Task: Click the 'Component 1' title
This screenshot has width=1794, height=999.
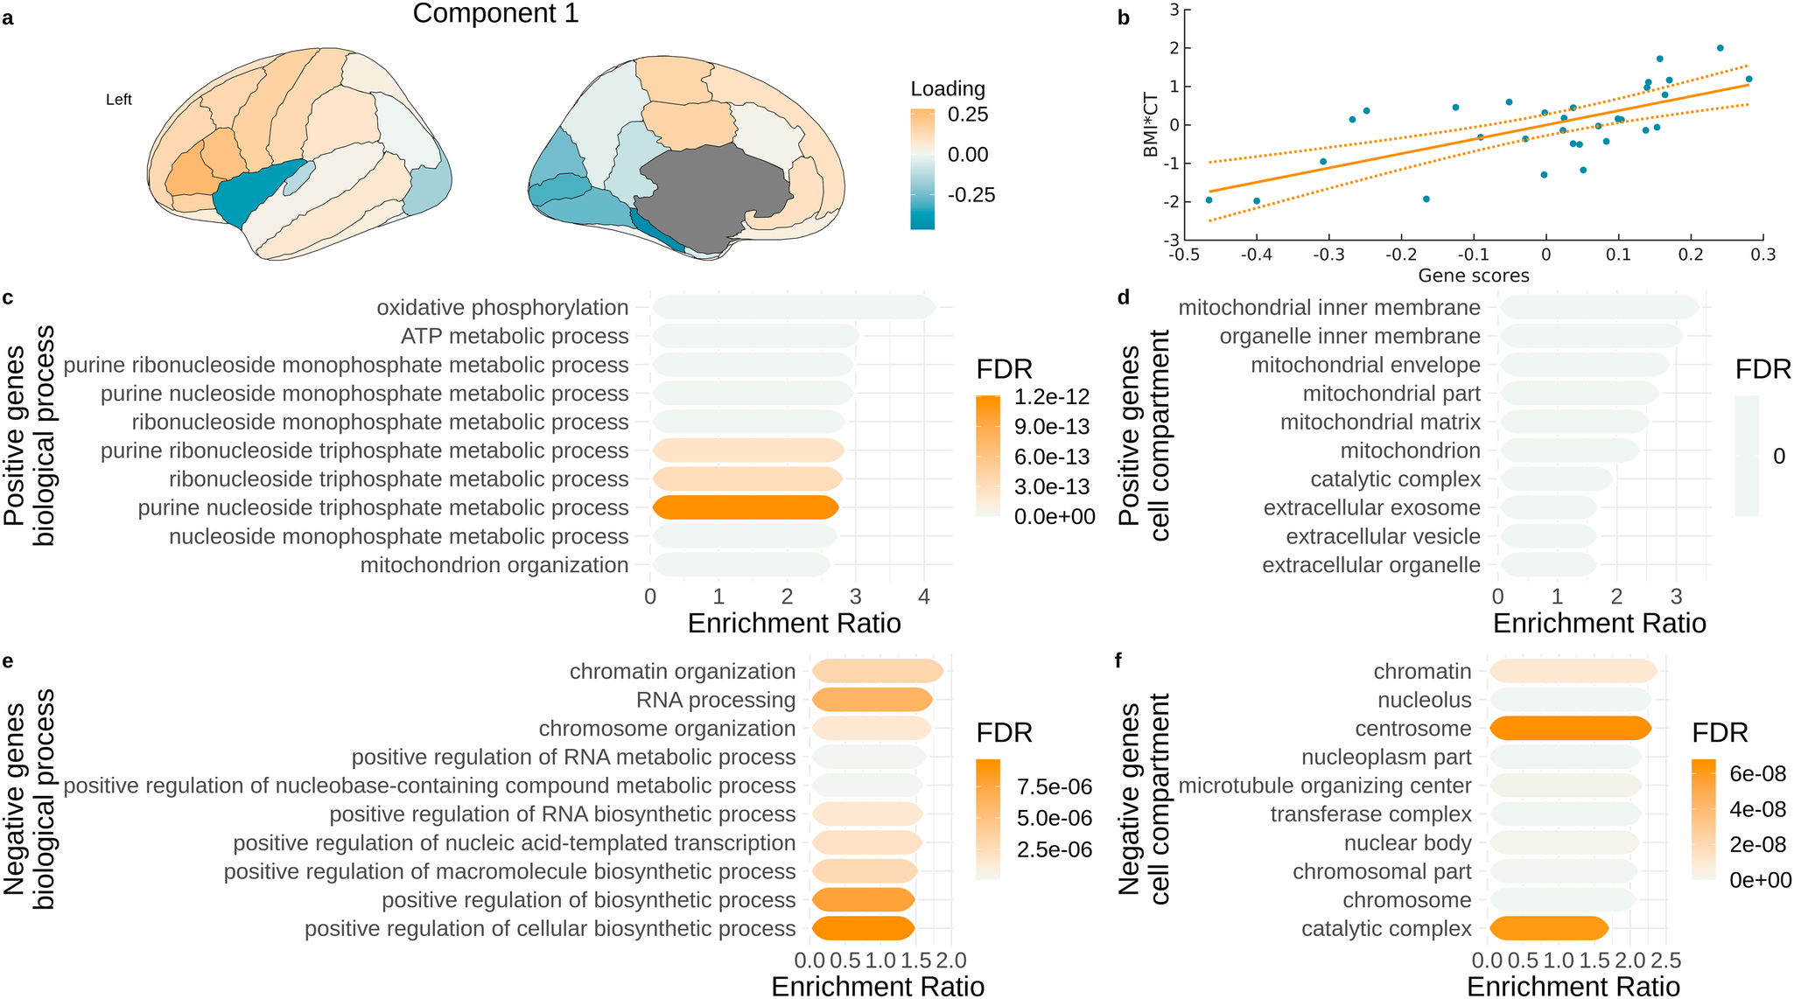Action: pos(495,14)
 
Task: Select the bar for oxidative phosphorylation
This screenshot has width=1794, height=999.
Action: pos(793,308)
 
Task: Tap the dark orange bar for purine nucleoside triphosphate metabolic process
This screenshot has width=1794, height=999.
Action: pos(746,507)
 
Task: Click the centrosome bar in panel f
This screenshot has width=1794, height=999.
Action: pos(1569,728)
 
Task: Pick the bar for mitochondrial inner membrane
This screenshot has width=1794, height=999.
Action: pos(1599,308)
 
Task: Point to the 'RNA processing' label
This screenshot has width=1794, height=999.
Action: pos(716,700)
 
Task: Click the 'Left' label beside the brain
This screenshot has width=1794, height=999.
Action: pos(119,100)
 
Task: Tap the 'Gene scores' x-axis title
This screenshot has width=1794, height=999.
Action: pos(1474,276)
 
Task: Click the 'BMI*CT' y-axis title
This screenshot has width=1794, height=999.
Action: pos(1151,125)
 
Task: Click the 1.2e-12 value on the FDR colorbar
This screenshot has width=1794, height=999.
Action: pos(1052,397)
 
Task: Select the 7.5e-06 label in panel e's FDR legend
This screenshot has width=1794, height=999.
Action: pos(1054,787)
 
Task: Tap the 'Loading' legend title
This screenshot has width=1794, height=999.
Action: pos(948,88)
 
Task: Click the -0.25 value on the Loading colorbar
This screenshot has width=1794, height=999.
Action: pos(972,195)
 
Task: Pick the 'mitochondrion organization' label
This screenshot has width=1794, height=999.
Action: pos(494,565)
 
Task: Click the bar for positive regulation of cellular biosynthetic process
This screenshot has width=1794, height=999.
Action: pos(863,928)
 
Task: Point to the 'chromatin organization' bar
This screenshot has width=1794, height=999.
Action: pos(877,671)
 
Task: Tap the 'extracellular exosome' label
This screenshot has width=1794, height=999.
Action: pos(1371,508)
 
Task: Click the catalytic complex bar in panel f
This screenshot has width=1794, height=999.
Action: pos(1548,928)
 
